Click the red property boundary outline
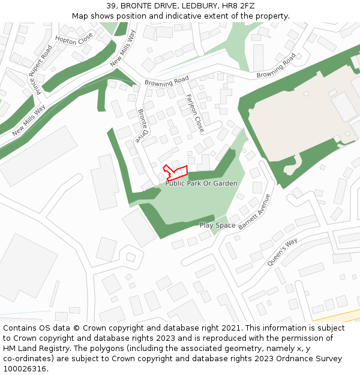coord(176,173)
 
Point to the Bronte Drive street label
coord(142,125)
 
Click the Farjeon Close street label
coord(195,113)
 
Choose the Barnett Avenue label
coord(254,212)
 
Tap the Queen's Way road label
coord(282,252)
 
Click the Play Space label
coord(217,226)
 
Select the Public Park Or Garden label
coord(202,184)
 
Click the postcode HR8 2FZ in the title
coord(238,6)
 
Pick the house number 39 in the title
coord(112,6)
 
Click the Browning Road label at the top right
coord(276,67)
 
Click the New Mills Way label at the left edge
coord(29,120)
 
